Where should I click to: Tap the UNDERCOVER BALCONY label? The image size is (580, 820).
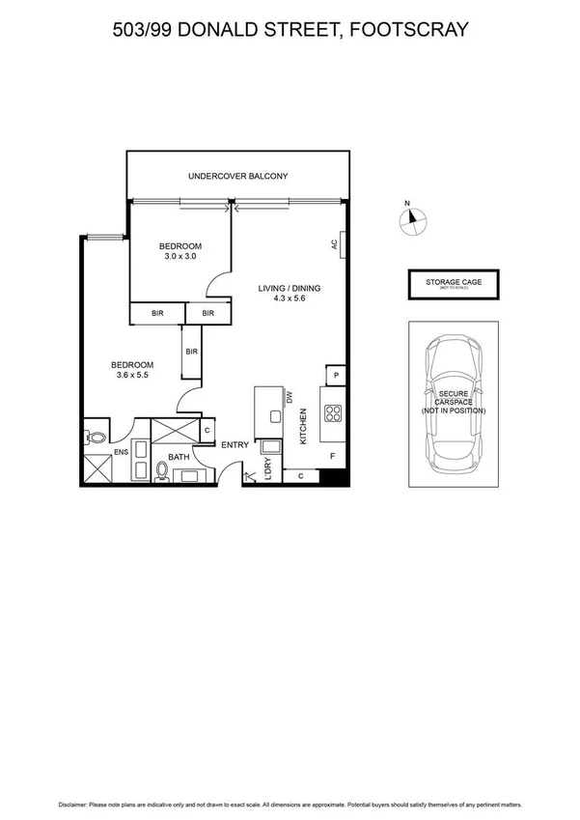pyautogui.click(x=237, y=177)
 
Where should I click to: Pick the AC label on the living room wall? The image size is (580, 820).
pyautogui.click(x=334, y=245)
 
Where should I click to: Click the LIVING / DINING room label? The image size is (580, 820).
pyautogui.click(x=289, y=288)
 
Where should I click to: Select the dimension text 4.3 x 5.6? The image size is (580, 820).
pyautogui.click(x=289, y=298)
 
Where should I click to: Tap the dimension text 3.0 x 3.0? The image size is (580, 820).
pyautogui.click(x=180, y=257)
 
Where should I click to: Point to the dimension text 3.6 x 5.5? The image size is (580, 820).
pyautogui.click(x=133, y=375)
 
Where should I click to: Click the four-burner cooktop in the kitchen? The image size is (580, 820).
pyautogui.click(x=333, y=414)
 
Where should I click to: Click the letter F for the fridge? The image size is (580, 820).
pyautogui.click(x=333, y=456)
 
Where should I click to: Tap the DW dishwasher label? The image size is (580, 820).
pyautogui.click(x=289, y=398)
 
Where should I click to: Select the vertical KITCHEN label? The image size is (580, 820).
pyautogui.click(x=302, y=425)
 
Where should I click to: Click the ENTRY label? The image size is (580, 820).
pyautogui.click(x=235, y=445)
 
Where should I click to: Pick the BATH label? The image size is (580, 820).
pyautogui.click(x=180, y=457)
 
